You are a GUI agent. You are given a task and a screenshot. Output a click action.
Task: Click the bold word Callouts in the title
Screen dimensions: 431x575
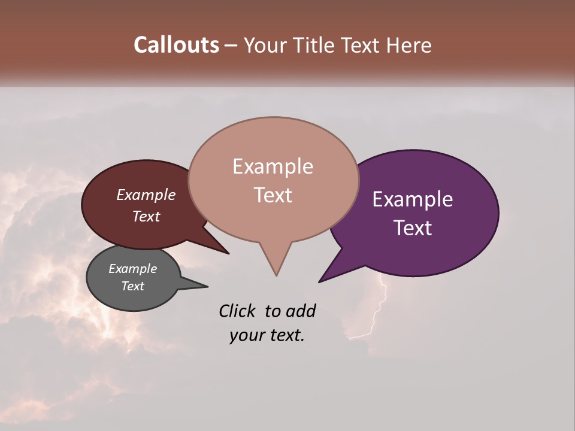[x=176, y=45]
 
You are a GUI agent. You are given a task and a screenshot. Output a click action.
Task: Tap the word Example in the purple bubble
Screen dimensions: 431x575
[x=413, y=199]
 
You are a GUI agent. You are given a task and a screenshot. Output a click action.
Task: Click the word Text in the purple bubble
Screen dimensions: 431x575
[x=413, y=228]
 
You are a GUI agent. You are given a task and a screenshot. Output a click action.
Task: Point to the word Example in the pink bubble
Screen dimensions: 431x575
[x=273, y=166]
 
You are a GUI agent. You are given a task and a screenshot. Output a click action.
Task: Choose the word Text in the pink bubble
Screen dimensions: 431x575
[x=273, y=195]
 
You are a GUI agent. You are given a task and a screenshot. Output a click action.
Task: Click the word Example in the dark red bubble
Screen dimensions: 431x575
[x=146, y=195]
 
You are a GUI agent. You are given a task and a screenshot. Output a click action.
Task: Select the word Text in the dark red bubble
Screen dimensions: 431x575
[x=146, y=216]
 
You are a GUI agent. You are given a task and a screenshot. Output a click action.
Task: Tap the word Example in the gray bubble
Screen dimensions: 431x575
[x=132, y=269]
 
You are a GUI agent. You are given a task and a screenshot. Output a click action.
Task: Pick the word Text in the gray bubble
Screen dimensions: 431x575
[x=132, y=286]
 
